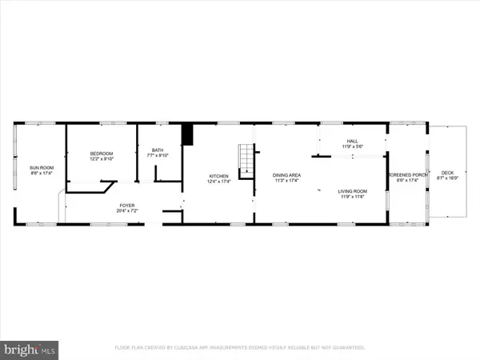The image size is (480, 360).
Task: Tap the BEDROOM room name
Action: pos(101,153)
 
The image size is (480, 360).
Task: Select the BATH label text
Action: pos(158,150)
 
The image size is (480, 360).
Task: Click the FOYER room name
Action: pos(127,206)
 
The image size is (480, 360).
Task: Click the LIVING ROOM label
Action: pos(352,191)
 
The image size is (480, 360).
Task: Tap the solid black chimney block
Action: pos(189,134)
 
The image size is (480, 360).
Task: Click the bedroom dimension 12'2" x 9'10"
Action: pos(101,158)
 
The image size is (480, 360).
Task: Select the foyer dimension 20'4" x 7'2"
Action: pos(127,212)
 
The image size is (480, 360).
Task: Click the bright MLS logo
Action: pos(30,349)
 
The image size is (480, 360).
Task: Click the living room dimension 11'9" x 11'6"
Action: pos(352,197)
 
